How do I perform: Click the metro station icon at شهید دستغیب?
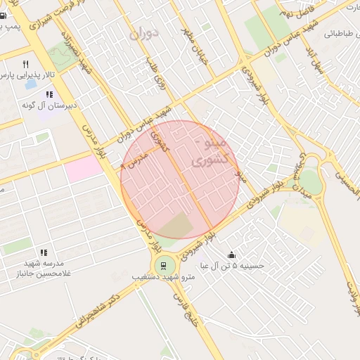pyautogui.click(x=163, y=265)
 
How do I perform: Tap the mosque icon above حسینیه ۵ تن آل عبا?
pyautogui.click(x=231, y=255)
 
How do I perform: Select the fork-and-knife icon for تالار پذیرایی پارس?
pyautogui.click(x=25, y=64)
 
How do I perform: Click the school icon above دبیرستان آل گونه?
pyautogui.click(x=49, y=94)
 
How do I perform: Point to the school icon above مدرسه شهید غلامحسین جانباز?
pyautogui.click(x=44, y=252)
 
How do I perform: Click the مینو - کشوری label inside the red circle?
pyautogui.click(x=210, y=153)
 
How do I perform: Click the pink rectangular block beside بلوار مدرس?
pyautogui.click(x=83, y=168)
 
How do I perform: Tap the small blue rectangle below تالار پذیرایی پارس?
pyautogui.click(x=31, y=84)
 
